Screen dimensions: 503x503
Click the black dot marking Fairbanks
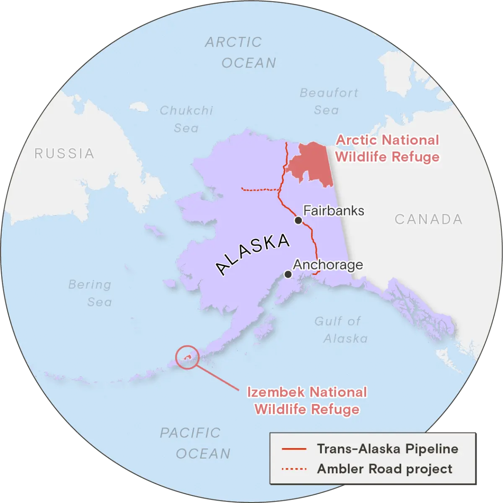point(298,220)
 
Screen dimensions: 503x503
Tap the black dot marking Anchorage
point(288,274)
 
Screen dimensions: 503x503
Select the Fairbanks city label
point(334,210)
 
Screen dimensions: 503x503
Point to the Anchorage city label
point(328,265)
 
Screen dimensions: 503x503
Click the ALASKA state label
point(253,254)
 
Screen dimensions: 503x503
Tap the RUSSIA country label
point(64,153)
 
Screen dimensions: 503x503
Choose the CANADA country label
point(428,219)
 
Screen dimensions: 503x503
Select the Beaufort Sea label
point(328,101)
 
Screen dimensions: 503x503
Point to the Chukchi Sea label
point(187,119)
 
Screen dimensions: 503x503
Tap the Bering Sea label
point(91,293)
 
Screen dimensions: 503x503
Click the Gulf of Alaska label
point(341,329)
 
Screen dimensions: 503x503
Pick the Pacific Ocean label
point(196,443)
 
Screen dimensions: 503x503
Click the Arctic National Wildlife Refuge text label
point(387,148)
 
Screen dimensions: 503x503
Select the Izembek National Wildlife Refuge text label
point(307,401)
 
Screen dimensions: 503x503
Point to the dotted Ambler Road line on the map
point(260,190)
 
